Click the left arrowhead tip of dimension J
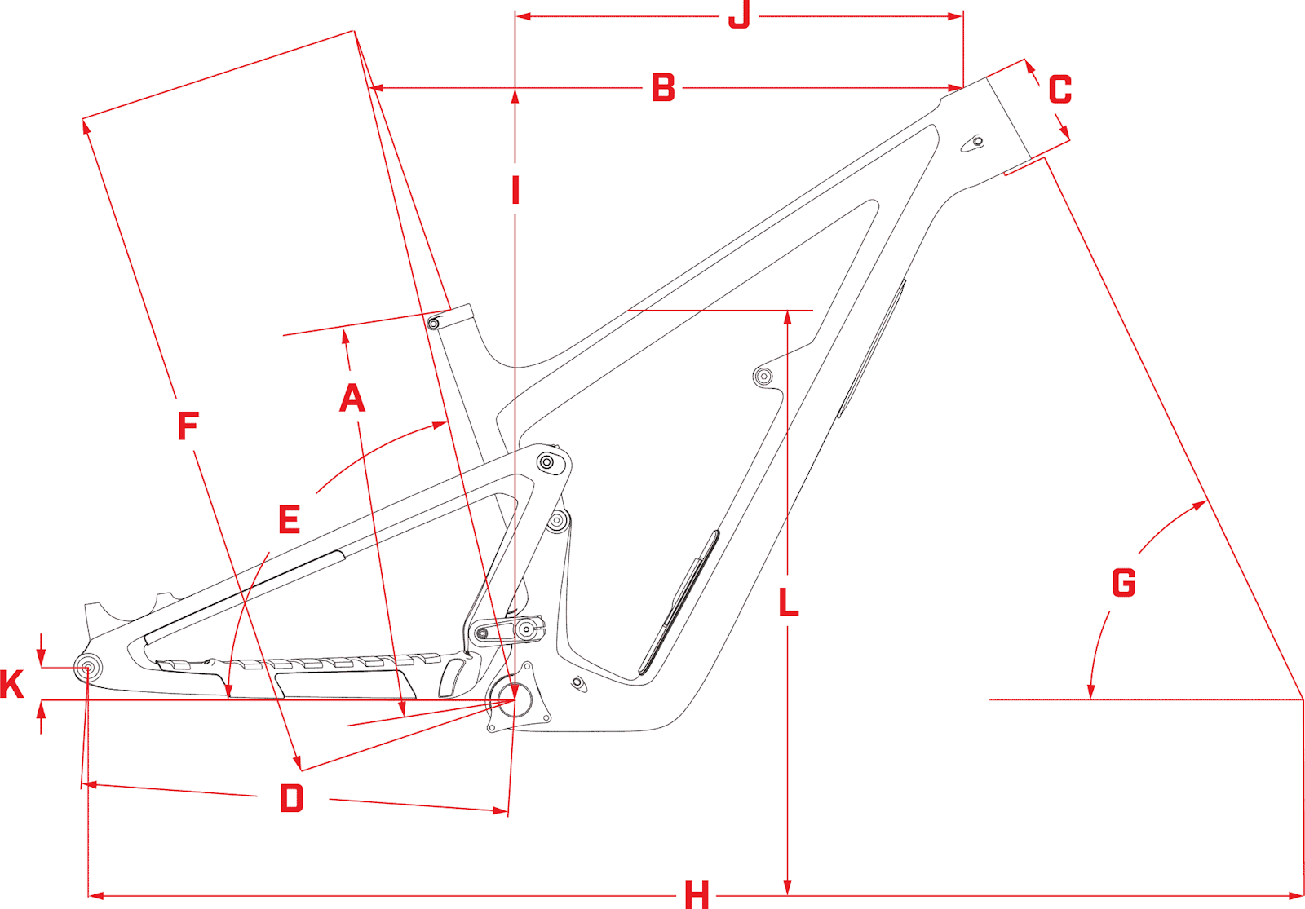tap(516, 16)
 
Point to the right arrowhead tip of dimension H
tap(1302, 895)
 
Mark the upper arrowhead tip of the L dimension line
tap(788, 311)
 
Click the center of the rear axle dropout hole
tap(88, 668)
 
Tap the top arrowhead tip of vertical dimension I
tap(515, 90)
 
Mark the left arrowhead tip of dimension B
tap(370, 88)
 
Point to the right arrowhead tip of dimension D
tap(508, 810)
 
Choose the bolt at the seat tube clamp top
tap(433, 323)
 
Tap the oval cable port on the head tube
tap(974, 143)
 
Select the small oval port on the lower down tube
tap(578, 682)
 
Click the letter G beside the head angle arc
tap(1124, 582)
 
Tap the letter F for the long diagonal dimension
tap(188, 426)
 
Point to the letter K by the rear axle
tap(12, 684)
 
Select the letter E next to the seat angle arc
tap(290, 519)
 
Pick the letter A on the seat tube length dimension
tap(352, 398)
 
